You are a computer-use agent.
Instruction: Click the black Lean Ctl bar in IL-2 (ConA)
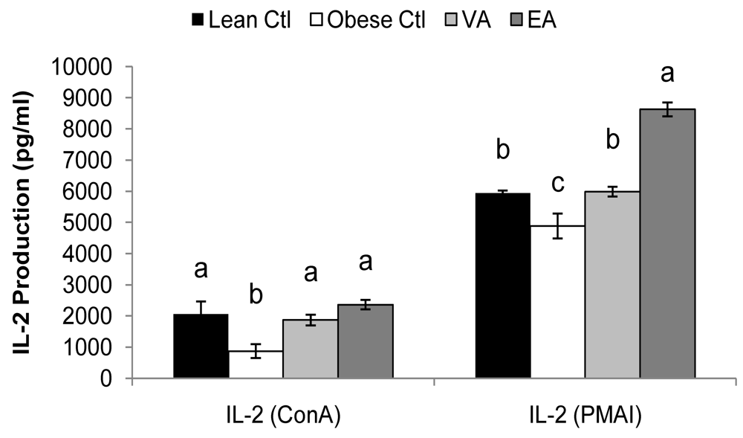201,347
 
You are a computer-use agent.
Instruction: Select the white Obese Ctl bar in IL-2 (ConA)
256,364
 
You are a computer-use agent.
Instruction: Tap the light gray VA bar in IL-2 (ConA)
310,350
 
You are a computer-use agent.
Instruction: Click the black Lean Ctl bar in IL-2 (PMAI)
502,286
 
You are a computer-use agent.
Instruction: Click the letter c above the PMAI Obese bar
557,182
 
